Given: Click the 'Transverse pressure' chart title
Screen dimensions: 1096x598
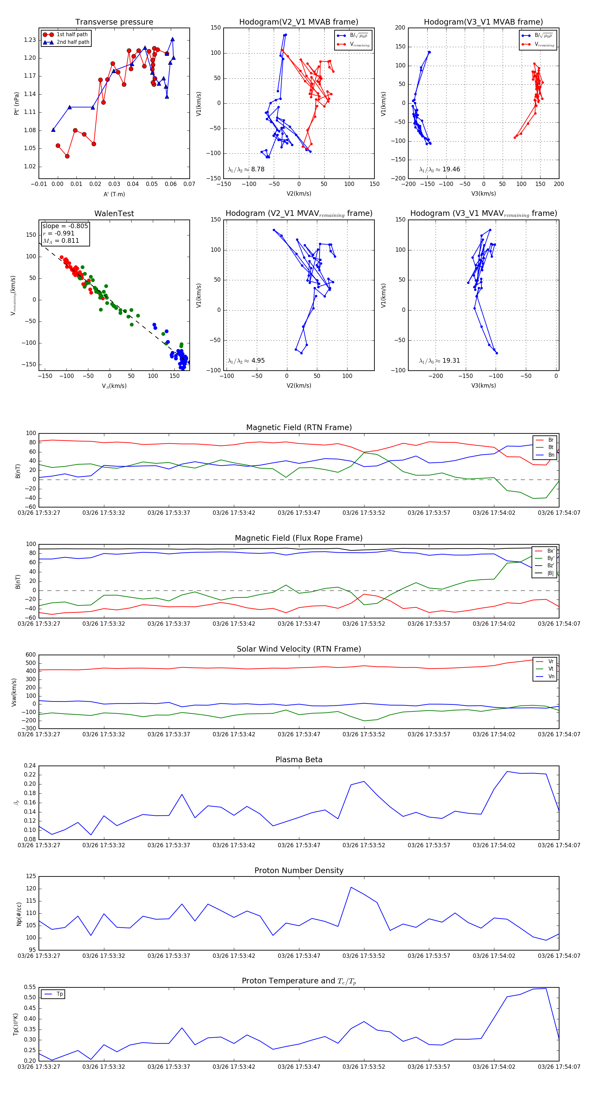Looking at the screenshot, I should [114, 22].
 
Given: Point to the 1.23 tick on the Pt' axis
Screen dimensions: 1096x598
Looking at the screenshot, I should [30, 40].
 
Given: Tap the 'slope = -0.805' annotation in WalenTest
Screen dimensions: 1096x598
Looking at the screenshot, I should [65, 226].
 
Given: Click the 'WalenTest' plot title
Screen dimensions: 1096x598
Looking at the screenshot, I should [114, 214].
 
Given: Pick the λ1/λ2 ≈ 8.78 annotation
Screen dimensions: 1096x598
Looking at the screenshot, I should [246, 169].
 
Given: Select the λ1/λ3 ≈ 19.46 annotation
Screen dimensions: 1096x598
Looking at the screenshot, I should [439, 169].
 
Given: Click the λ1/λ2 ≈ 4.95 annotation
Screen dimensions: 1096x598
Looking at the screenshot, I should [246, 361].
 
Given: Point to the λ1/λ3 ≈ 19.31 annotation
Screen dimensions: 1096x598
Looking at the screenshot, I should [439, 361].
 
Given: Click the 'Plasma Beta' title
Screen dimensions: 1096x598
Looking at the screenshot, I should [299, 760].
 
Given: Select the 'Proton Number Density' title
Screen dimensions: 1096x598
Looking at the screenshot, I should [299, 870].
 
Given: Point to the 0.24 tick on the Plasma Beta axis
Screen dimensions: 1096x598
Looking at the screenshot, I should [30, 766].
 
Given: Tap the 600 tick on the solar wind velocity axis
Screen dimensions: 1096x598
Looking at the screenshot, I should [31, 655].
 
